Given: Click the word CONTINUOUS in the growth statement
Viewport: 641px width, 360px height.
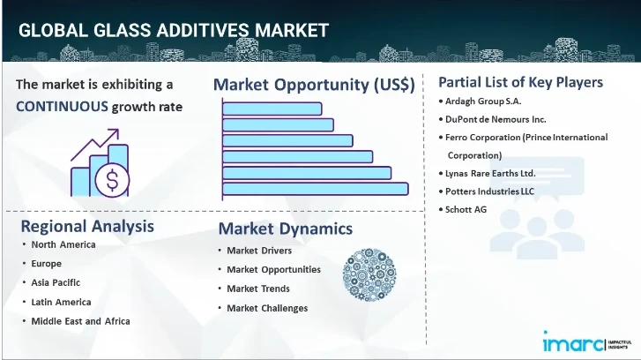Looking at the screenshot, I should point(61,107).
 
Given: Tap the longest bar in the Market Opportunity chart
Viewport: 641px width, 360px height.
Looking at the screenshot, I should point(316,188).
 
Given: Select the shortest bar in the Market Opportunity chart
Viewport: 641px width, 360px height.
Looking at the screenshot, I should point(272,109).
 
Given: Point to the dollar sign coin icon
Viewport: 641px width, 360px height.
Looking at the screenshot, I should point(114,180).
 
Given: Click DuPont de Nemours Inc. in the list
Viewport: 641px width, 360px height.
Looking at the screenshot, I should point(496,119).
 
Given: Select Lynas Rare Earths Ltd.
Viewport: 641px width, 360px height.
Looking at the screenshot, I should point(490,173).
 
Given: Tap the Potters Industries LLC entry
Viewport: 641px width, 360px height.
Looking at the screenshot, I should point(490,191).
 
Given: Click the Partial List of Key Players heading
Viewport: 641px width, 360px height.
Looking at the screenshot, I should point(520,82).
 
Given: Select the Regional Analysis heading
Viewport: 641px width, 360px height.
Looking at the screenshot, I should point(87,225).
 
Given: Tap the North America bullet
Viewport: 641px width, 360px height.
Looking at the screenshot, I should point(63,244).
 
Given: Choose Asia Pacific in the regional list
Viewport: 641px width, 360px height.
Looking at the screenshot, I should point(56,282).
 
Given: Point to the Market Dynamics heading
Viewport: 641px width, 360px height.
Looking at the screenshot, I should point(285,229).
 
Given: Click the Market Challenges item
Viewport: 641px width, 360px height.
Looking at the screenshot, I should point(267,308).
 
